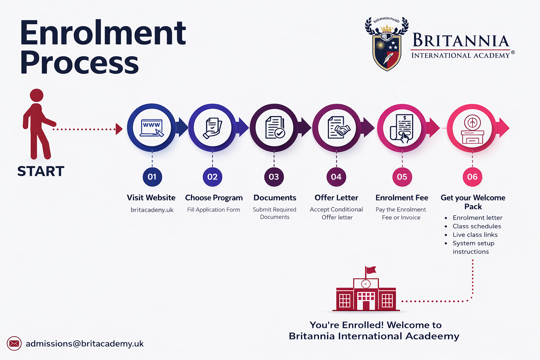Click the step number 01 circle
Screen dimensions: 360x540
tap(152, 177)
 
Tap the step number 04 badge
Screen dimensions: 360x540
tap(336, 177)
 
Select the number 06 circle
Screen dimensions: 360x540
tap(472, 177)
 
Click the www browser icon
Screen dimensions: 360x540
tap(152, 128)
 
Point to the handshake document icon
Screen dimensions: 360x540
tap(337, 128)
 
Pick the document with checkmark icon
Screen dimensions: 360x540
tap(275, 128)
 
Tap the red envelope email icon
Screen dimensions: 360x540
tap(14, 343)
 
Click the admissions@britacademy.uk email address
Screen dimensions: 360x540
tap(84, 343)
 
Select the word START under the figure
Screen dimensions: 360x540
tap(41, 171)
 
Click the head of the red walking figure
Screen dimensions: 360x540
tap(37, 95)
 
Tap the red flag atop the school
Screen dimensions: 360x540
tap(371, 270)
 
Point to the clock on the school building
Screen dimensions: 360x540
tap(366, 284)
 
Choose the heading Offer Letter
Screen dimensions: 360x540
tap(336, 198)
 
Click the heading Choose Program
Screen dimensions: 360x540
tap(214, 198)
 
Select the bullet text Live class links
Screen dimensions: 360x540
tap(475, 234)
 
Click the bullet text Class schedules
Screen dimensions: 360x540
tap(477, 226)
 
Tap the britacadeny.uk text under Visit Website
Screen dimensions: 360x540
tap(152, 210)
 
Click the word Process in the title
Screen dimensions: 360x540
tap(79, 63)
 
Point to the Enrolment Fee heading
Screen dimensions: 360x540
tap(402, 198)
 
